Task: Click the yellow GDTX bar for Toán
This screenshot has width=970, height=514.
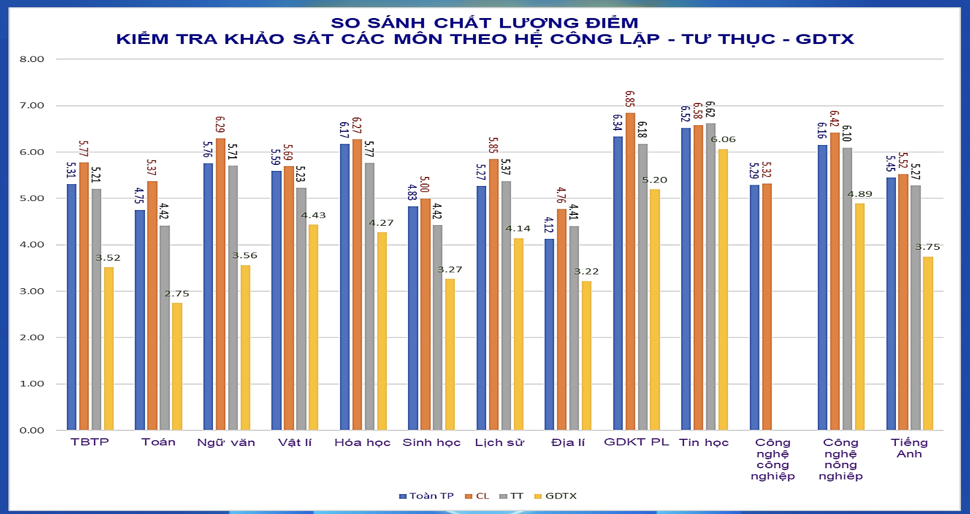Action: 177,366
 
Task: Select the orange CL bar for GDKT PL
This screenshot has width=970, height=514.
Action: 630,271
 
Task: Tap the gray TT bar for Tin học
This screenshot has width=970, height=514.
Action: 711,277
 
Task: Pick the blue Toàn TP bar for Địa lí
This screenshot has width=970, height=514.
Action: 549,334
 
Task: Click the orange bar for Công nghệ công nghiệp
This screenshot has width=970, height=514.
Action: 767,307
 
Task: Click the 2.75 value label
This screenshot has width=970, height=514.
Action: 177,294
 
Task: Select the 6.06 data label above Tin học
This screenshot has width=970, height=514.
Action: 723,140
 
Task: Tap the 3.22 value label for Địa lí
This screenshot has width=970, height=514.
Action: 586,271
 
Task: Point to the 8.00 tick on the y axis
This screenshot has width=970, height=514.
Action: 32,59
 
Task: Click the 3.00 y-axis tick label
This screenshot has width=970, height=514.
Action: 32,291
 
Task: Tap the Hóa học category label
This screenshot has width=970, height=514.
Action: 362,442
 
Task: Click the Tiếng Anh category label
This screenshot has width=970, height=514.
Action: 909,448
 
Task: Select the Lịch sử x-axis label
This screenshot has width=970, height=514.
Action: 499,442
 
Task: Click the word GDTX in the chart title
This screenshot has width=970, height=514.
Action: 824,39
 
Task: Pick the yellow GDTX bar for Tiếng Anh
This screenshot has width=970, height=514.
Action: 928,343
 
